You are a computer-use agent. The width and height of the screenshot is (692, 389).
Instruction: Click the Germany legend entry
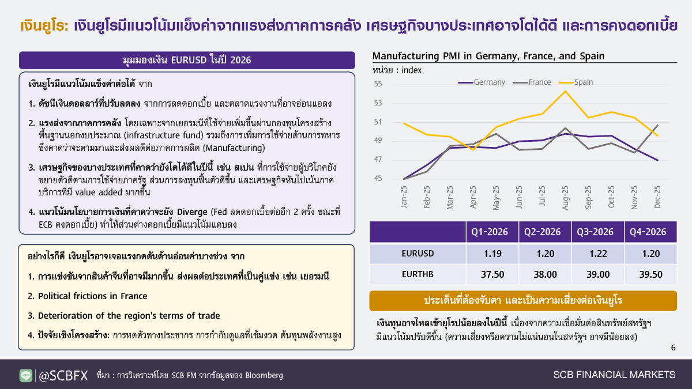click(482, 82)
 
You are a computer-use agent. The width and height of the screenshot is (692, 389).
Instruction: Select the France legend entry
click(532, 82)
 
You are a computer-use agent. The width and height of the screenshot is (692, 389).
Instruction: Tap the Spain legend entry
click(576, 82)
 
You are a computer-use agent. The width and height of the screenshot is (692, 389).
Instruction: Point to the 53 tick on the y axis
click(378, 103)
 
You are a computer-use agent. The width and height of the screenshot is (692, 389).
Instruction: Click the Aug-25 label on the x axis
click(565, 198)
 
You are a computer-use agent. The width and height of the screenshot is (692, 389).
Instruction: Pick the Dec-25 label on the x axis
click(657, 197)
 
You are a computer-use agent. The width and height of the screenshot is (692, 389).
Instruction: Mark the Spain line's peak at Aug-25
click(565, 91)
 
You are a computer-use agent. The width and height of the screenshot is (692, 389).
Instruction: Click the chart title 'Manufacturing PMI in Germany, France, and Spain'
click(488, 56)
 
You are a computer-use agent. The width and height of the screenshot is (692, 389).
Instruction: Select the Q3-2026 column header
click(598, 232)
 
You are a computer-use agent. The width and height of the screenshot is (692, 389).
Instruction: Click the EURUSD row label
click(418, 254)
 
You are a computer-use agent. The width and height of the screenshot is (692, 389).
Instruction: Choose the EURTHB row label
click(418, 274)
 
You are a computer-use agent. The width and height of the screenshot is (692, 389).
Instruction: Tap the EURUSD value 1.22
click(598, 254)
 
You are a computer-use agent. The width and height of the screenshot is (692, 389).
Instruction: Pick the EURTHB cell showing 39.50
click(651, 274)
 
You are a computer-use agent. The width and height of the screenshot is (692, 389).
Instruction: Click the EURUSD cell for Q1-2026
click(492, 254)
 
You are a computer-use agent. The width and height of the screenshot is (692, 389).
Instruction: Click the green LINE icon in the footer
click(25, 375)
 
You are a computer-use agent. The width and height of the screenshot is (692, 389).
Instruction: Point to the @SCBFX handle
click(63, 375)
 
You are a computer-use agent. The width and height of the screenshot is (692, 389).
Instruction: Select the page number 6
click(674, 348)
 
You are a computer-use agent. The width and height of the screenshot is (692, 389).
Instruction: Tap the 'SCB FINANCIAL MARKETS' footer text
click(615, 375)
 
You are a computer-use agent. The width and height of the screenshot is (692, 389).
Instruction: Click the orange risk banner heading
click(523, 300)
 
